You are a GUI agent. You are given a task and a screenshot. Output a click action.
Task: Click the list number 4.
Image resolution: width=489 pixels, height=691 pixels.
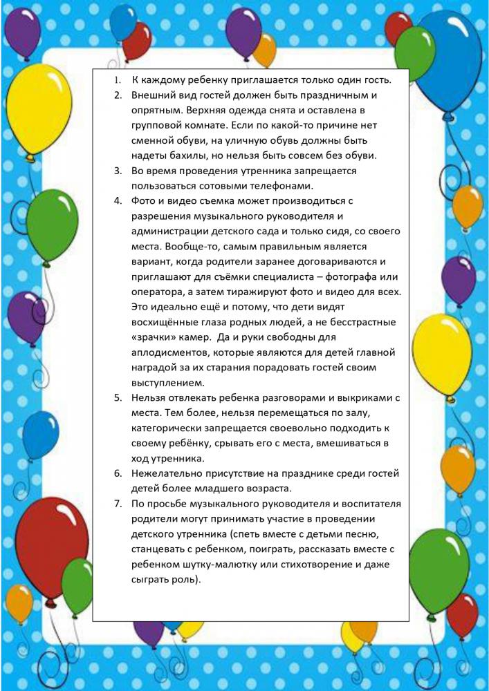click(118, 200)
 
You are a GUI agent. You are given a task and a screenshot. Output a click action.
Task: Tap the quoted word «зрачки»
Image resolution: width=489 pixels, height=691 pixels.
click(151, 337)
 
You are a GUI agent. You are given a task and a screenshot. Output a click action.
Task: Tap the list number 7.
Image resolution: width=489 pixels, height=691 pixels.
click(118, 503)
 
